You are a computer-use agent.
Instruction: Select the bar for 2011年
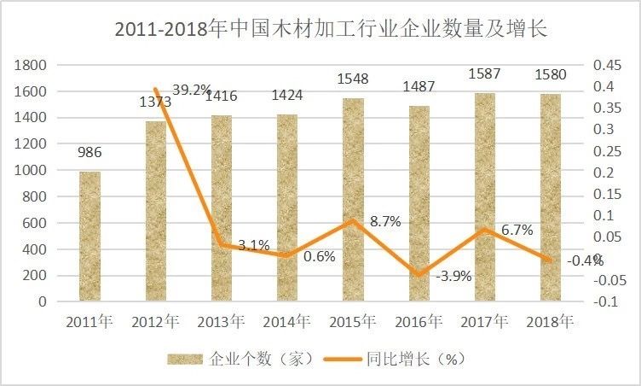[90, 237]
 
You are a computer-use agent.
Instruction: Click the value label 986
[90, 153]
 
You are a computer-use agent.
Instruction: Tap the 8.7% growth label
[385, 221]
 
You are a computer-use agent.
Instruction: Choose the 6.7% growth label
[517, 230]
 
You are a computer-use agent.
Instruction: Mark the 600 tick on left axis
[33, 223]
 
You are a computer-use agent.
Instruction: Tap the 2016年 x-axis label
[419, 323]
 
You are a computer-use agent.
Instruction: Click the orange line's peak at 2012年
[156, 89]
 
